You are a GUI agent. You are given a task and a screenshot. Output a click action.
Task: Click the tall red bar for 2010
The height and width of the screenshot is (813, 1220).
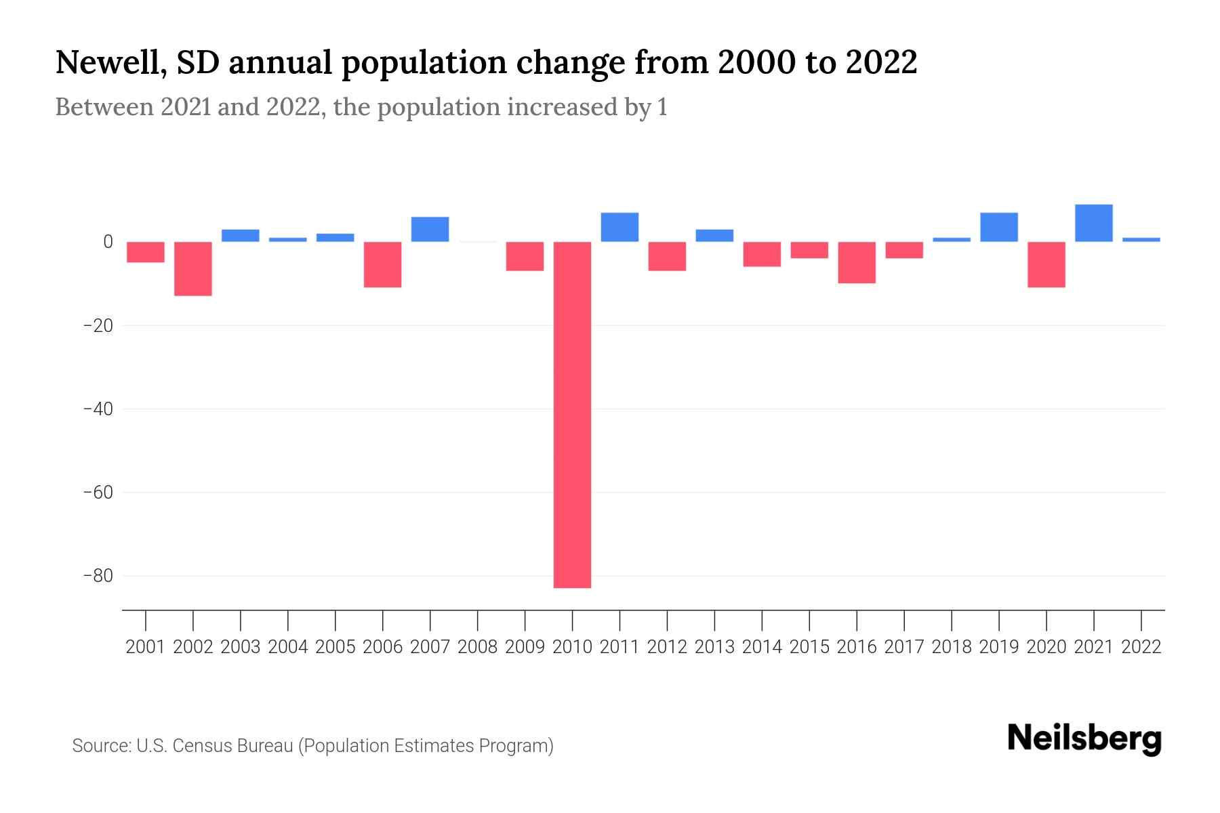coord(572,415)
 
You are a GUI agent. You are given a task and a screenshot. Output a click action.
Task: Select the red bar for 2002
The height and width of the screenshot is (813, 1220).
coord(193,268)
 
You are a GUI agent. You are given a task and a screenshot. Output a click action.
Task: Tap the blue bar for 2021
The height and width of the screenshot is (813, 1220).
coord(1093,223)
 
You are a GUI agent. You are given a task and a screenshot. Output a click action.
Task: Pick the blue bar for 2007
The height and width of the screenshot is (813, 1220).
coord(430,229)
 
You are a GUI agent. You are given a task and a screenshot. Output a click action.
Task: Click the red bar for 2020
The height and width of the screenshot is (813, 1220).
coord(1046,264)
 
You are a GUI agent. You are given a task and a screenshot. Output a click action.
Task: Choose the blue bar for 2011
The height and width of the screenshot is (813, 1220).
coord(619,227)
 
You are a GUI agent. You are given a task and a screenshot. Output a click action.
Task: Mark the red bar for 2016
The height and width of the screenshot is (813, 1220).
coord(857,262)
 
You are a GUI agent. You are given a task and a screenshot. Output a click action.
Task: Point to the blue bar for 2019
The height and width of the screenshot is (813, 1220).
coord(998,227)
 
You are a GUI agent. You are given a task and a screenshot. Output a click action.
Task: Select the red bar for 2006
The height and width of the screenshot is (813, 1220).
coord(382,264)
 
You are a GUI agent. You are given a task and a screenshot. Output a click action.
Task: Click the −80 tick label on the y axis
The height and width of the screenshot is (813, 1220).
coord(98,576)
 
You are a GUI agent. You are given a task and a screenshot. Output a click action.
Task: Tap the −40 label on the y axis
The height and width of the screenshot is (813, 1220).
coord(98,409)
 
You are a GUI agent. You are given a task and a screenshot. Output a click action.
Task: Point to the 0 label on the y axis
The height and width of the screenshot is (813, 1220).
coord(108,242)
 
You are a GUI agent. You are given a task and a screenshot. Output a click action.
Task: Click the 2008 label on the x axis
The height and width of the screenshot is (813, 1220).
coord(477,647)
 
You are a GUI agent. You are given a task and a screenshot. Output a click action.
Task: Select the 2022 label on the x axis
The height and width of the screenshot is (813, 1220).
coord(1141,647)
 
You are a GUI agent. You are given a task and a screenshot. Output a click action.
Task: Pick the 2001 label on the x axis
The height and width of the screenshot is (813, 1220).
coord(146,647)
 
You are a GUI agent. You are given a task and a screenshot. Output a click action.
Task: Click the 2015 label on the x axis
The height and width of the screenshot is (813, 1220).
coord(809,647)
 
